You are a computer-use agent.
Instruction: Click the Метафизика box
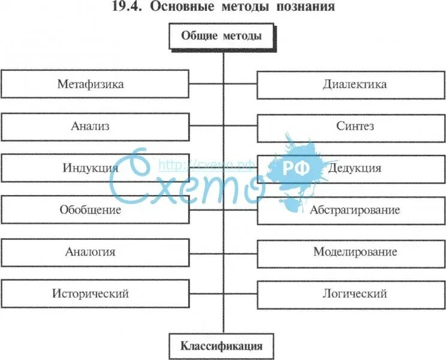click(95, 84)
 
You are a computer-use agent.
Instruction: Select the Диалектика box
click(351, 84)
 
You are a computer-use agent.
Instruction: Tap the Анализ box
click(95, 127)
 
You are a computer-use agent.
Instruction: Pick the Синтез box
click(351, 127)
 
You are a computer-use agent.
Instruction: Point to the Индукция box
click(95, 168)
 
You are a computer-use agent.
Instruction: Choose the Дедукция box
click(351, 168)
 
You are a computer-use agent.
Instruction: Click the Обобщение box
click(95, 210)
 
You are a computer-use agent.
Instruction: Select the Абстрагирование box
click(351, 210)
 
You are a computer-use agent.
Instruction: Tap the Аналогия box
click(95, 252)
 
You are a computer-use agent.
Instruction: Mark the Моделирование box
click(351, 252)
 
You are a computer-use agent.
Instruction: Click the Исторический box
click(95, 294)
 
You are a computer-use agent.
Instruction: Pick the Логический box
click(351, 294)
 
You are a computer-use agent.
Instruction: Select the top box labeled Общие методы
click(222, 36)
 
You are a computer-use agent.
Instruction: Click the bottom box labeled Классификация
click(222, 346)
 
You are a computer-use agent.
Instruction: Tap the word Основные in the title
click(177, 7)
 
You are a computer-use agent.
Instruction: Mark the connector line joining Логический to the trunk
click(240, 294)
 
